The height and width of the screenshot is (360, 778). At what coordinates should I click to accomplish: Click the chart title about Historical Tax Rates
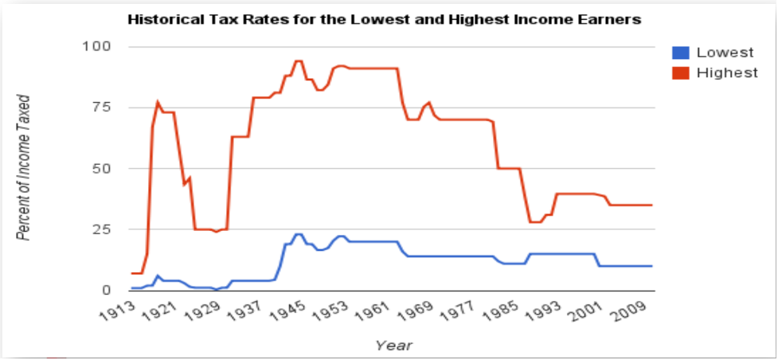pos(385,20)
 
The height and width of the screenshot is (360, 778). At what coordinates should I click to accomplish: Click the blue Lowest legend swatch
pos(681,53)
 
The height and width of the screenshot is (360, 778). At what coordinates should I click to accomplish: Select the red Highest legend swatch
pos(681,73)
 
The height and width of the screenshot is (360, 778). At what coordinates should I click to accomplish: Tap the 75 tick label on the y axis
pos(101,108)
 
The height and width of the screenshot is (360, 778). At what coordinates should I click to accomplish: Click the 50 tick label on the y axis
pos(101,168)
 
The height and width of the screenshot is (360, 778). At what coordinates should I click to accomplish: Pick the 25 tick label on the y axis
pos(101,229)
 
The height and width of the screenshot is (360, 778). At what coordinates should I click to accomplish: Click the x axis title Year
pos(393,346)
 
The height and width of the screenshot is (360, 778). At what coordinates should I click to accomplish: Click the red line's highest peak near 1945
pos(298,61)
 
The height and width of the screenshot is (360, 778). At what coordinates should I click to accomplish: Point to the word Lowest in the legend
pos(725,53)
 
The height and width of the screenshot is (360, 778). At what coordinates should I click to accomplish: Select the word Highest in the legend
pos(726,73)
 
